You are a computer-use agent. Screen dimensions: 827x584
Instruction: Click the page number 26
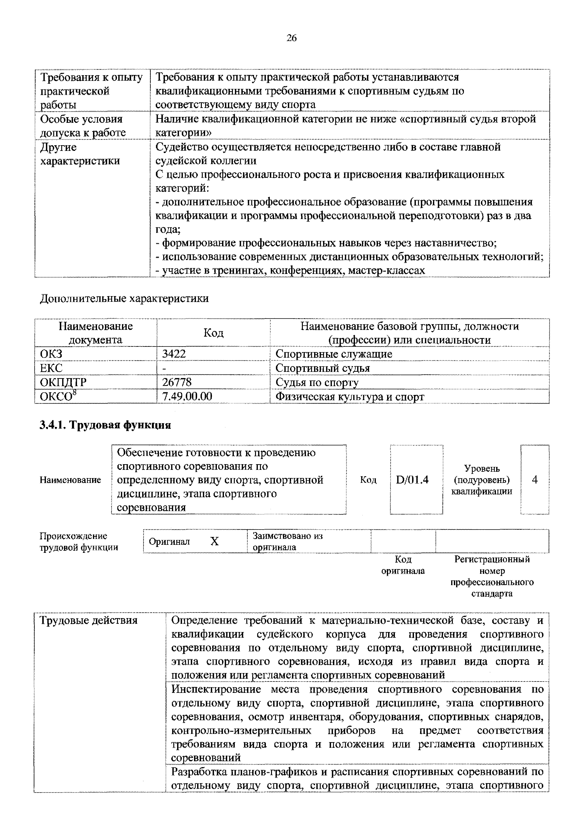(292, 38)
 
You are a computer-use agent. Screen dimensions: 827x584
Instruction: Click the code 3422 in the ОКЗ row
(174, 354)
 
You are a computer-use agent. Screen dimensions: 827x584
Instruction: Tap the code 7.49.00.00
(187, 397)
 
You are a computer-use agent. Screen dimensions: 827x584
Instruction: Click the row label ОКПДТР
(63, 382)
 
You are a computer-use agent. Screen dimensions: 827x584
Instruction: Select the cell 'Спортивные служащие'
(333, 354)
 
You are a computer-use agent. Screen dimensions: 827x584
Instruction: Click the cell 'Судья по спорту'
(317, 382)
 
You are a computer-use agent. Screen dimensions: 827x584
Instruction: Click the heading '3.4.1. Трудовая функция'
(105, 425)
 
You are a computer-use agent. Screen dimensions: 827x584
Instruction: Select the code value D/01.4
(412, 480)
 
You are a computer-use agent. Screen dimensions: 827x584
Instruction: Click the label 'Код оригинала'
(403, 565)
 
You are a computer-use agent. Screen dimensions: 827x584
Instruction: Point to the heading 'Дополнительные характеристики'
(124, 298)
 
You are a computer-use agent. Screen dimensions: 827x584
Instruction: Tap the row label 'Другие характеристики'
(80, 154)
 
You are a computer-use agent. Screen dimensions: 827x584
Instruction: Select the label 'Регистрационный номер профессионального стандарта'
(492, 576)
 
